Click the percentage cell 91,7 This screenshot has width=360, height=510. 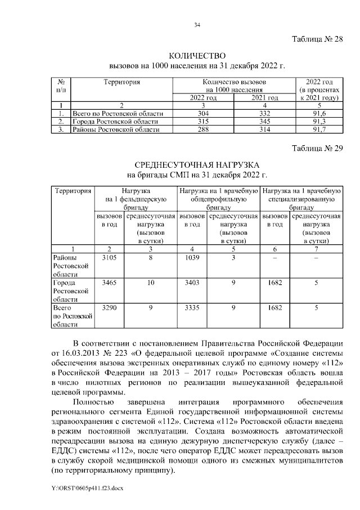319,129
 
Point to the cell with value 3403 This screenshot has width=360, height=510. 192,283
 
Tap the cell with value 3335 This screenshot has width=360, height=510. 192,308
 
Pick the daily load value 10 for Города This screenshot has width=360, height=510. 151,283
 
